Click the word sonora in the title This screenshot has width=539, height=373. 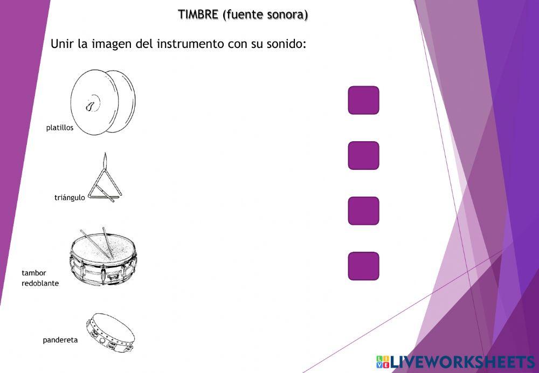pyautogui.click(x=287, y=15)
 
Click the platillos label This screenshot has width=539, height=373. pyautogui.click(x=60, y=128)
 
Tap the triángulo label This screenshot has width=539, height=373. pyautogui.click(x=70, y=197)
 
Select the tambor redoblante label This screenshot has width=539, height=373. pyautogui.click(x=39, y=278)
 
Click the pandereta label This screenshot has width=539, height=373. pyautogui.click(x=60, y=340)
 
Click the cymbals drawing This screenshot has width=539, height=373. pyautogui.click(x=102, y=101)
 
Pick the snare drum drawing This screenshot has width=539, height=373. pyautogui.click(x=102, y=258)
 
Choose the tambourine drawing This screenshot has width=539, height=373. pyautogui.click(x=110, y=331)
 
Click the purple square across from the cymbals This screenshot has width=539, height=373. pyautogui.click(x=363, y=100)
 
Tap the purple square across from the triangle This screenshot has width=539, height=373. pyautogui.click(x=363, y=155)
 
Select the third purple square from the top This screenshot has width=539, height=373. pyautogui.click(x=363, y=211)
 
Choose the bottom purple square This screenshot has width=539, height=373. pyautogui.click(x=363, y=266)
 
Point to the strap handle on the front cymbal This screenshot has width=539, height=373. pyautogui.click(x=92, y=105)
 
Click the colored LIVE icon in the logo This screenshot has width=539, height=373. pyautogui.click(x=382, y=362)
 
